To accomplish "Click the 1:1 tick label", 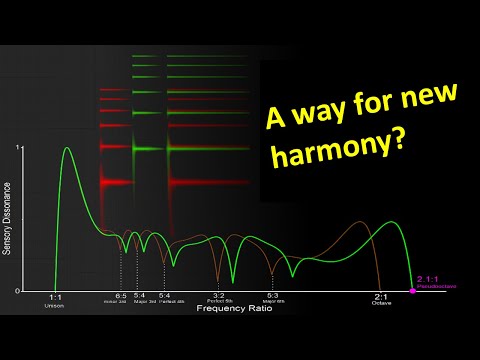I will coord(55,297).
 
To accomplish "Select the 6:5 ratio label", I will coord(120,297).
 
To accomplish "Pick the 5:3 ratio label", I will coord(272,297).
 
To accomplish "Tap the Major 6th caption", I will coord(272,303).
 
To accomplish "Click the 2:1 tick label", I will coord(381,297).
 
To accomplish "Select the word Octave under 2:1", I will coord(381,304).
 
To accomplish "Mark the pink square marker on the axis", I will coord(413,290).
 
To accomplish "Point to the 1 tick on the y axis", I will coord(16,148).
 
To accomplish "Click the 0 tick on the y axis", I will coord(16,290).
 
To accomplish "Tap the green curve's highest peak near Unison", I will coord(67,148).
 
